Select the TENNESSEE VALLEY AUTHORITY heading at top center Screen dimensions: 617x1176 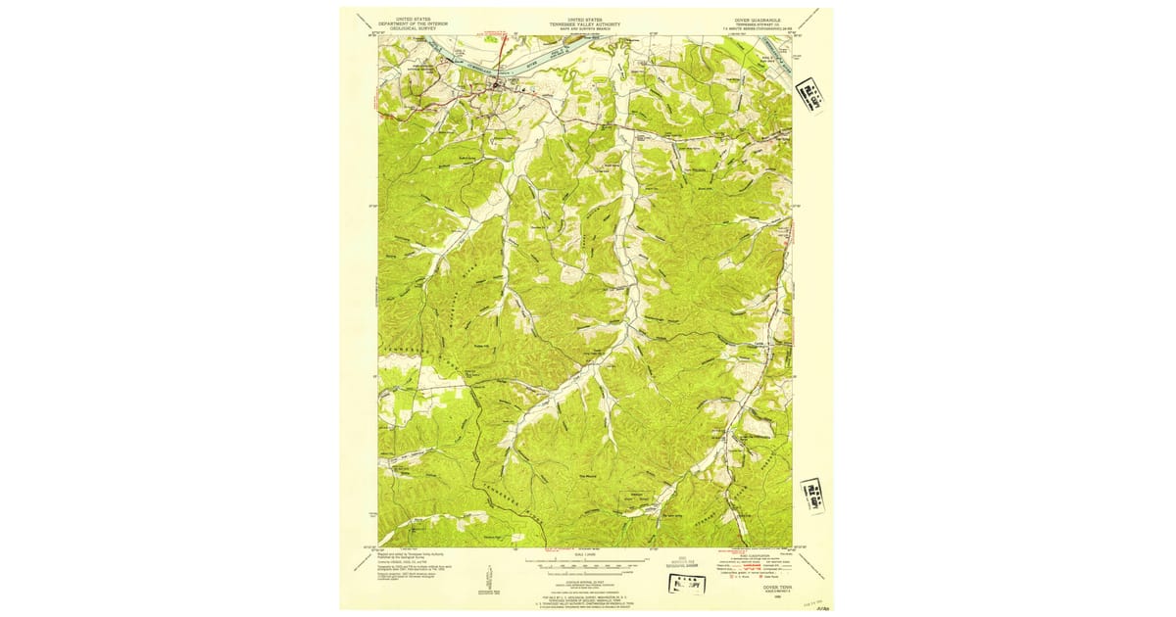tap(587, 23)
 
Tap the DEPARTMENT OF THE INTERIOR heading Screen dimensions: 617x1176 tap(412, 23)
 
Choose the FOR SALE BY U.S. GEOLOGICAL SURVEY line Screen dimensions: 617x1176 tap(586, 592)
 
